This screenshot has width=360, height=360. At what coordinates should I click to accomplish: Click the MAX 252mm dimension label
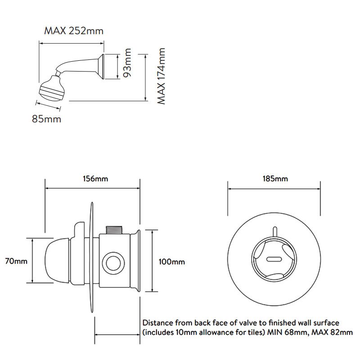tap(74, 31)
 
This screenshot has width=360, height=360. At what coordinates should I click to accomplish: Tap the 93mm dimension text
tap(127, 63)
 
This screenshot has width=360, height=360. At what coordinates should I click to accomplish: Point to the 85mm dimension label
tap(46, 119)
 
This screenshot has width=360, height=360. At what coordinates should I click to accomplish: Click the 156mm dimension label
tap(95, 179)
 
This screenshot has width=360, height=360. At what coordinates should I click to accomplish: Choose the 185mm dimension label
tap(275, 179)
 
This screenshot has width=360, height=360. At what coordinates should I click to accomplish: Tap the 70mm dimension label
tap(16, 261)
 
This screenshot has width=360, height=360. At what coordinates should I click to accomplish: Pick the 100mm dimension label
tap(172, 262)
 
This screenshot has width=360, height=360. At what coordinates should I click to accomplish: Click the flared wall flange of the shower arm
tap(101, 66)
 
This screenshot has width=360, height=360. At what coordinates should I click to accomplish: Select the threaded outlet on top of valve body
tap(114, 230)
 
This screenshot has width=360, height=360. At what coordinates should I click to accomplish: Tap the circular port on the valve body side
tap(113, 263)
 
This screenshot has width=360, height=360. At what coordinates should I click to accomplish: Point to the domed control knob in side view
tap(58, 261)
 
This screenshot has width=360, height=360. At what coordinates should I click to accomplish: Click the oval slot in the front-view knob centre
tap(274, 259)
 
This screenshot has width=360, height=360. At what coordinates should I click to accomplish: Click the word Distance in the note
tap(158, 323)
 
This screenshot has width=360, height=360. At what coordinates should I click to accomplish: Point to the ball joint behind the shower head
tap(58, 73)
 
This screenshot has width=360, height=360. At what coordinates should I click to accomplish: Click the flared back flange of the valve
tap(135, 261)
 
